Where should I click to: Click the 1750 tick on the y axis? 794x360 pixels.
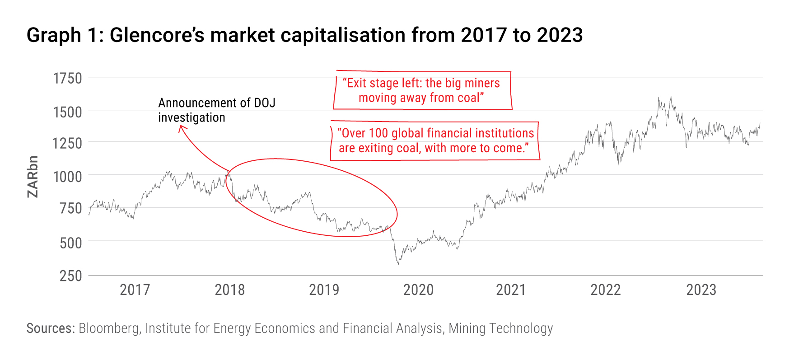tap(67, 79)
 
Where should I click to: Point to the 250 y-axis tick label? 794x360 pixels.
tap(70, 276)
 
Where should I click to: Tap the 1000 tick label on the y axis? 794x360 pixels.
tap(67, 177)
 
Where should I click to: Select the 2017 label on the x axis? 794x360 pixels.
tap(135, 290)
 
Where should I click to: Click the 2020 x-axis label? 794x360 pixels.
tap(418, 290)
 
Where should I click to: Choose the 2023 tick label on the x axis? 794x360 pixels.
tap(701, 290)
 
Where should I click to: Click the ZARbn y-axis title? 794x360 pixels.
tap(33, 177)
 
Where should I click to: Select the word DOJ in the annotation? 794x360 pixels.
tap(264, 103)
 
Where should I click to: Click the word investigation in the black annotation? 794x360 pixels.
tap(191, 118)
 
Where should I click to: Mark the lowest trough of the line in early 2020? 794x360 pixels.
tap(398, 264)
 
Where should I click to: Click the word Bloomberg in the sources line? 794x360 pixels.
tap(109, 328)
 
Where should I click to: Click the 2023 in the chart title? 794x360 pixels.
tap(560, 35)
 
